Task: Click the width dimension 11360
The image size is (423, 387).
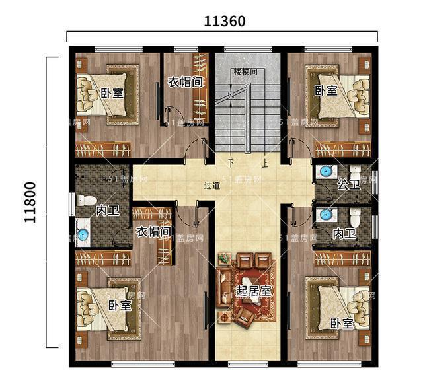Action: tap(225, 20)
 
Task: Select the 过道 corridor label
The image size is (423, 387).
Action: tap(212, 187)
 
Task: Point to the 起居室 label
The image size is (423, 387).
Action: tap(254, 290)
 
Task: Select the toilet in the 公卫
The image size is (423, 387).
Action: tap(355, 173)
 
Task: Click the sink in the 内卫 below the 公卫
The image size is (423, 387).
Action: tap(325, 215)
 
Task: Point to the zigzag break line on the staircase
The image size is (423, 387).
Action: tap(231, 97)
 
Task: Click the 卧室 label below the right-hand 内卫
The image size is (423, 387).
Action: tap(341, 323)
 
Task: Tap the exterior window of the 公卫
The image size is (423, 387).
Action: tap(375, 182)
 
